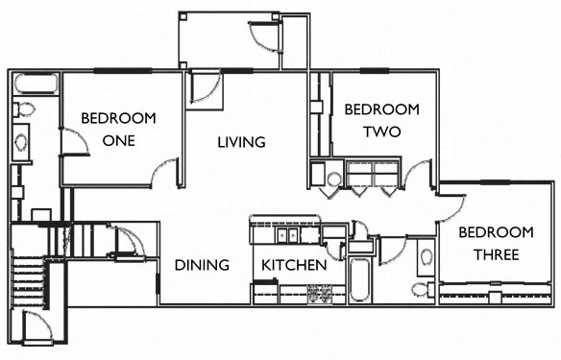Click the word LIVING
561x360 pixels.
(x=241, y=142)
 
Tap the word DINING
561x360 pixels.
(x=202, y=265)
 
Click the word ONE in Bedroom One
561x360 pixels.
(x=118, y=140)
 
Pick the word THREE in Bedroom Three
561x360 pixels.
(x=495, y=254)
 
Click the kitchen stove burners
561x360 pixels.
(x=319, y=293)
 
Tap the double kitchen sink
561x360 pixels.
(x=287, y=234)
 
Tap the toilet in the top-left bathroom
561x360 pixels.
(x=23, y=108)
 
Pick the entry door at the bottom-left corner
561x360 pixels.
(x=36, y=329)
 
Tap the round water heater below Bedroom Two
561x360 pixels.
(x=333, y=179)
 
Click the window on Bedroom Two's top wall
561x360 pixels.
(x=378, y=70)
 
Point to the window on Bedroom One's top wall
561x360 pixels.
(x=122, y=70)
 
